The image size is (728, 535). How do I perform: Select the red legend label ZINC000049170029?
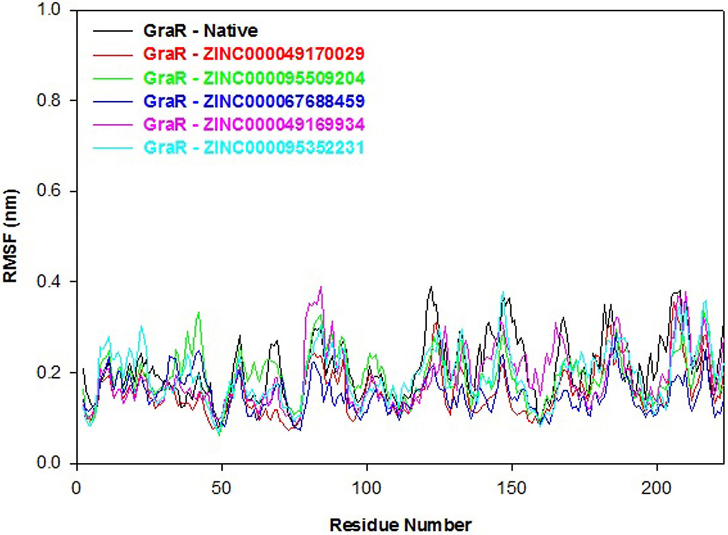(x=253, y=54)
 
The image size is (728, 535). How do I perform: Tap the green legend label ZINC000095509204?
(x=253, y=78)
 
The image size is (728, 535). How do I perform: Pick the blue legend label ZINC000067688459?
(x=253, y=101)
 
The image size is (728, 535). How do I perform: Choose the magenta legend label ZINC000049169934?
(x=253, y=124)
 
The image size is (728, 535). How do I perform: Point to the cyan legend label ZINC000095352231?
(x=253, y=147)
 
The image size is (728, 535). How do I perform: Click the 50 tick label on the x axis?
(x=222, y=487)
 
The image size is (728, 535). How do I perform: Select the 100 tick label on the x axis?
(x=367, y=487)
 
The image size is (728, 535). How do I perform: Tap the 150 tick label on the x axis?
(x=512, y=487)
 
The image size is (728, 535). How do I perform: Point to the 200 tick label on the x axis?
(x=657, y=487)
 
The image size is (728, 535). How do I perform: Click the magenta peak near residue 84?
(x=320, y=288)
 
